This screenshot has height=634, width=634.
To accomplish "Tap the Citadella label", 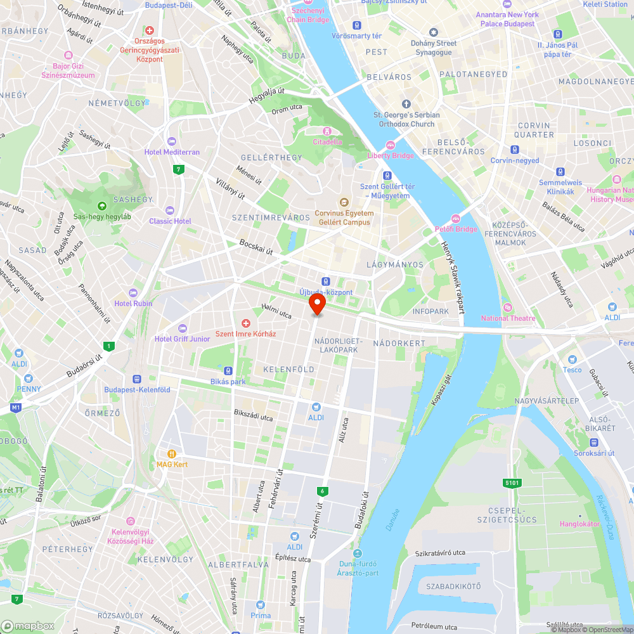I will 327,142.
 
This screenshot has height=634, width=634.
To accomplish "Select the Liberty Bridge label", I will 391,156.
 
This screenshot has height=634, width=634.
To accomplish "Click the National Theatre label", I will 508,318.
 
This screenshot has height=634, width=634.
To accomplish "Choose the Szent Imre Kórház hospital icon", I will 245,323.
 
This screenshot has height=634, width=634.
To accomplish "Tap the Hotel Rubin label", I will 133,303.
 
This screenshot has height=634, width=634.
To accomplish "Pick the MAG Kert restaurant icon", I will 171,454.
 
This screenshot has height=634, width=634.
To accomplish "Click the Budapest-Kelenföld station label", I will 137,390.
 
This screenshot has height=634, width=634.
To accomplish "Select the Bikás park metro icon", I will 228,371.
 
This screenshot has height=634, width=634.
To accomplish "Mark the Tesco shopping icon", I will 572,359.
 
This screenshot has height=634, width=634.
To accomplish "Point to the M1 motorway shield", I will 16,406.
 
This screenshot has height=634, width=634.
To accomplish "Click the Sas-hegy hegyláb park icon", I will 101,205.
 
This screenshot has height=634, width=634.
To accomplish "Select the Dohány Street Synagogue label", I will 434,48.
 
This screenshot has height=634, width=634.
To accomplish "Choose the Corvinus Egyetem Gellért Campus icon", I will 344,202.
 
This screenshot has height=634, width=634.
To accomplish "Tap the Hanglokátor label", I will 579,524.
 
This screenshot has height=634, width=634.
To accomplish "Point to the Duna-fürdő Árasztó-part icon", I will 359,553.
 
